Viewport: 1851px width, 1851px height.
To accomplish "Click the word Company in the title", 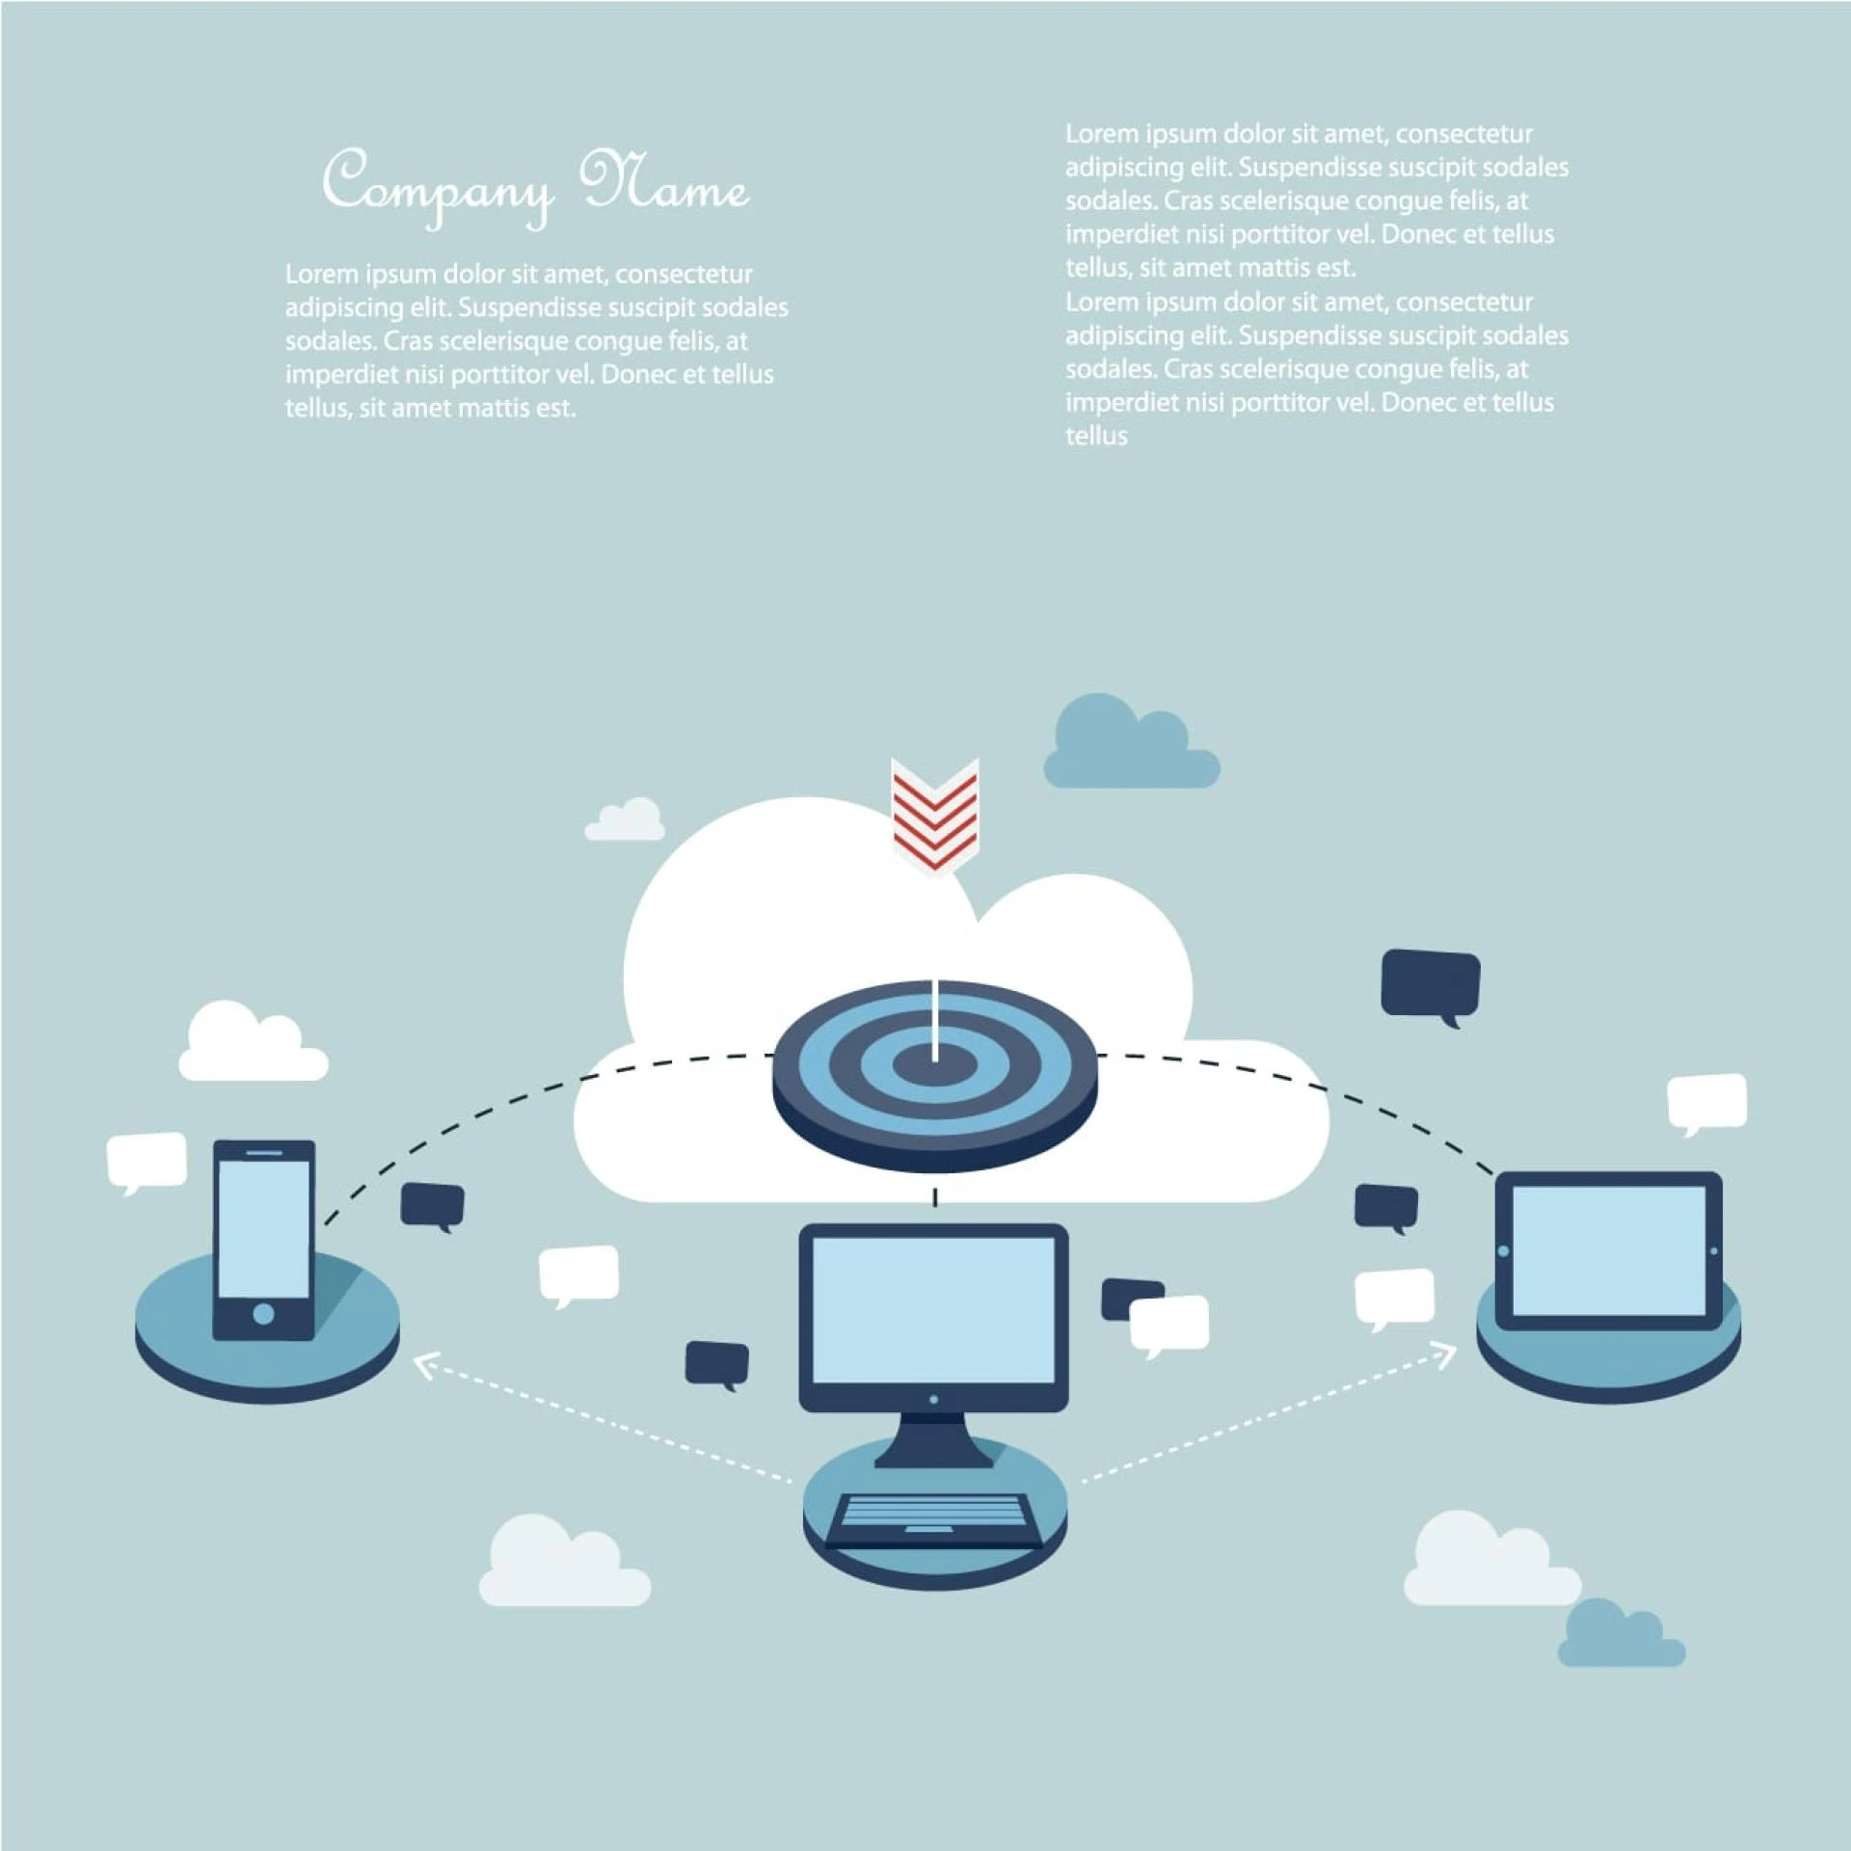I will pos(439,186).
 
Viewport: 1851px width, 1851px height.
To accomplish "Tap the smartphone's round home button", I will pos(263,1314).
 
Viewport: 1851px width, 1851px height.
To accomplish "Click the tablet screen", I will pos(1608,1250).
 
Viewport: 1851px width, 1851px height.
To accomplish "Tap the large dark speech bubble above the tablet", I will pos(1431,982).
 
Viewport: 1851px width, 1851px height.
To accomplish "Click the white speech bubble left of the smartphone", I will pos(147,1159).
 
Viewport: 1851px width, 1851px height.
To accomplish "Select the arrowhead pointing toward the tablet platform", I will pos(1447,1355).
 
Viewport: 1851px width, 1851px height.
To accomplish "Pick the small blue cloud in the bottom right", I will pos(1620,1637).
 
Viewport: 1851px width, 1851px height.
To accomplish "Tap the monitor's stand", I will pos(933,1438).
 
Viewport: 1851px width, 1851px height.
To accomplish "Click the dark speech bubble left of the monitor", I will pos(716,1362).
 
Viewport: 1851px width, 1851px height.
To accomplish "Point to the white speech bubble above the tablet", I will pos(1707,1100).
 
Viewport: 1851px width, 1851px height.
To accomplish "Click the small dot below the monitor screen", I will pos(933,1399).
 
